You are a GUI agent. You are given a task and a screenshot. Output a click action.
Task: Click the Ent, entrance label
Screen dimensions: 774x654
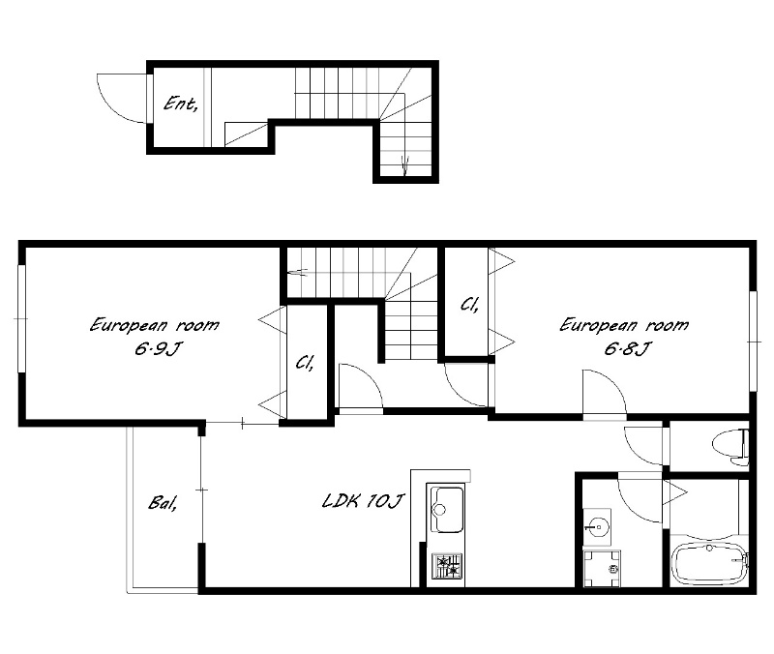(181, 104)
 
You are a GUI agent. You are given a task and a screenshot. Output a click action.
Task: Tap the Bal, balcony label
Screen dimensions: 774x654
(163, 503)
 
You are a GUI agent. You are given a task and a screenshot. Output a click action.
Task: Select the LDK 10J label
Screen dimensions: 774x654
(363, 501)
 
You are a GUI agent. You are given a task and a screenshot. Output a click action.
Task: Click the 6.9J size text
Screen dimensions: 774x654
(158, 349)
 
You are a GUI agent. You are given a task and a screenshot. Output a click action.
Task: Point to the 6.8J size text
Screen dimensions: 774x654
(627, 349)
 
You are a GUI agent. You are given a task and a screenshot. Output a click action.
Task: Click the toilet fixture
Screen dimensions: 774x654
(730, 447)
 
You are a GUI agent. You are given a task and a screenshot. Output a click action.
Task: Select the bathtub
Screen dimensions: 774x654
(710, 564)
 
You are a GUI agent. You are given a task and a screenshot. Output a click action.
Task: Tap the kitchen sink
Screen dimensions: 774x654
(447, 509)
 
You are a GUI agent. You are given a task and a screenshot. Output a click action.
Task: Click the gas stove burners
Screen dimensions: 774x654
(447, 566)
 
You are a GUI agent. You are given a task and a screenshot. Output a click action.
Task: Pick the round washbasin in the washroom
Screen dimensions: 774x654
(598, 527)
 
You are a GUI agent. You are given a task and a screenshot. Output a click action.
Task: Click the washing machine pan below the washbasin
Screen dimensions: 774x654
(602, 568)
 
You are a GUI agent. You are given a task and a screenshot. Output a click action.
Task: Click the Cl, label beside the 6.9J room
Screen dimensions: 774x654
(305, 363)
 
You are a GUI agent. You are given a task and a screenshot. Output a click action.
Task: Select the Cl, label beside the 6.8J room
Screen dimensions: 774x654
(469, 305)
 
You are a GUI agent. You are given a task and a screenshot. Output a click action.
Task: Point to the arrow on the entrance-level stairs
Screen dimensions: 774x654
(405, 165)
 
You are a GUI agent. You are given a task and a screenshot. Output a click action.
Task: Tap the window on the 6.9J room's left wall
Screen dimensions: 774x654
(21, 319)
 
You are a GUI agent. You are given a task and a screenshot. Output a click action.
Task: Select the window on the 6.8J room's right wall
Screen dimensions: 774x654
(754, 342)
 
